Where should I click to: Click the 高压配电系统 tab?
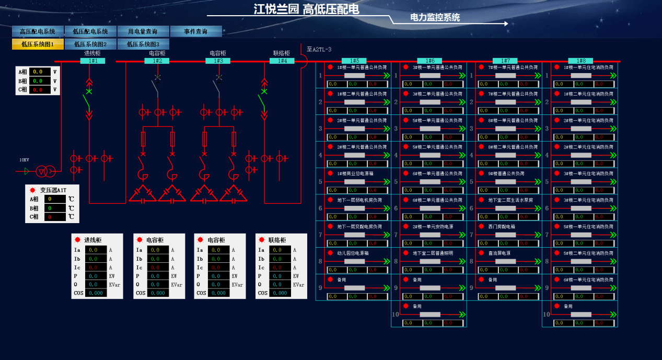point(38,31)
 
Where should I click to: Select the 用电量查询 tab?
point(144,31)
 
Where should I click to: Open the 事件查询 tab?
point(196,31)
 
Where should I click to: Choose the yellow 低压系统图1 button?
point(38,44)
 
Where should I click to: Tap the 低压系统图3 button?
point(143,44)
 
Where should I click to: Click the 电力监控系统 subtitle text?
point(435,17)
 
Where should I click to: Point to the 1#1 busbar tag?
point(93,61)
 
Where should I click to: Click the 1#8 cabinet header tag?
point(580,61)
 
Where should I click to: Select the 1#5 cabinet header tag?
point(354,61)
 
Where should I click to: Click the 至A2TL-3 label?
point(319,50)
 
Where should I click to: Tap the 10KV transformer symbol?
point(45,170)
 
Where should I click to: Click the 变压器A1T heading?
point(53,190)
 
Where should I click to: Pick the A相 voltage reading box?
point(40,72)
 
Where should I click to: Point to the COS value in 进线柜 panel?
point(96,293)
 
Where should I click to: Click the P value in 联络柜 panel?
point(280,276)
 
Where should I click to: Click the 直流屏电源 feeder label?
point(500,253)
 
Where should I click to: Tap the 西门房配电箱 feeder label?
point(502,227)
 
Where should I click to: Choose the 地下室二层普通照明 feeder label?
point(433,253)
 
